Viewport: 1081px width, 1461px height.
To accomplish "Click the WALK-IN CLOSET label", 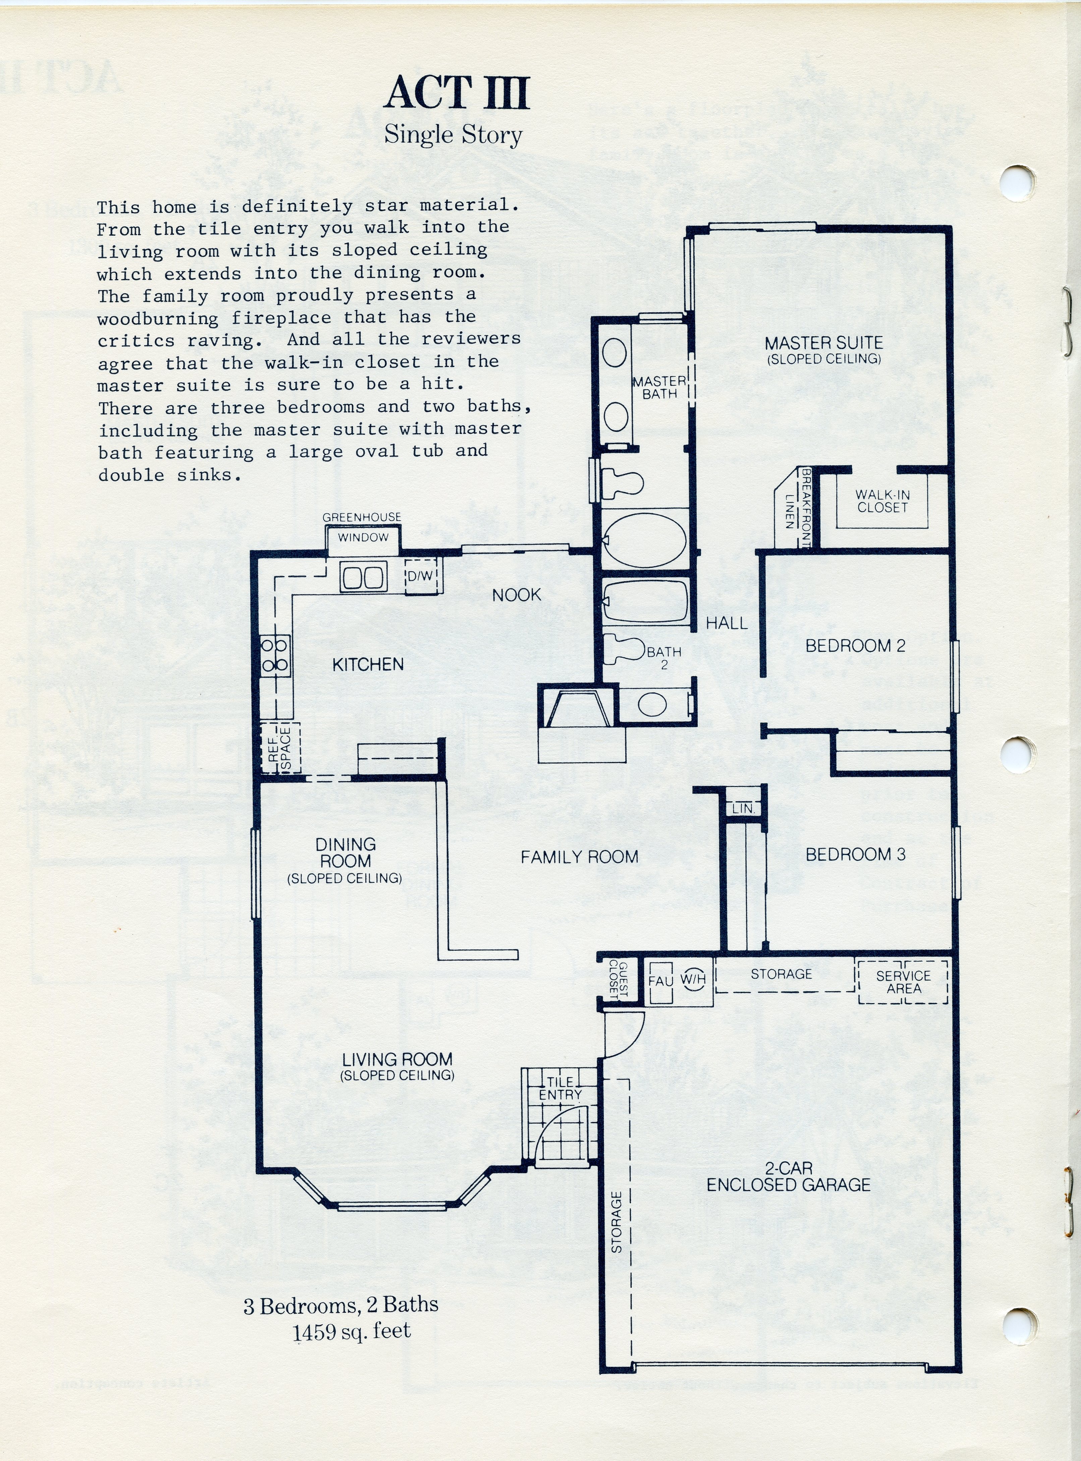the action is click(x=882, y=501).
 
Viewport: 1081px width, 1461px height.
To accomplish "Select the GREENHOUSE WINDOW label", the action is click(x=362, y=527).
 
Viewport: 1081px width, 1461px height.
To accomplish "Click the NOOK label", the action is click(x=516, y=595).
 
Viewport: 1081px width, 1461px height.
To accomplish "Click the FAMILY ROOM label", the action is click(x=579, y=857).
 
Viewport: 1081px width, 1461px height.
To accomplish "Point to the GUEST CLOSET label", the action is click(x=618, y=980).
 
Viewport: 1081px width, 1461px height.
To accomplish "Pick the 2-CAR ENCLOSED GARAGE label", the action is click(x=789, y=1176).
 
